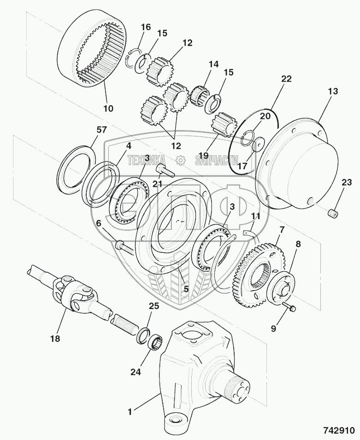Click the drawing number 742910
point(337,428)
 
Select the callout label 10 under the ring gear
point(108,109)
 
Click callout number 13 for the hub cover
point(333,92)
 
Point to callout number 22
point(286,79)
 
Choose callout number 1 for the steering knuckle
point(130,410)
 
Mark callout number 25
point(153,306)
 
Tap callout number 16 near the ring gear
point(146,27)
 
